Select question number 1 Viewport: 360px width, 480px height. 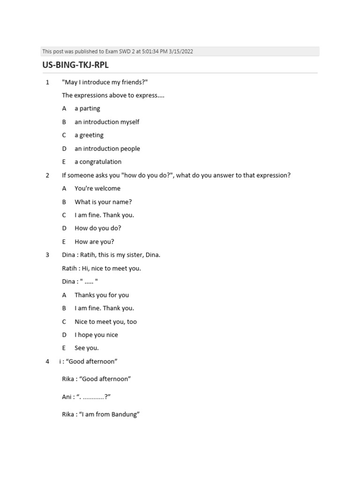47,82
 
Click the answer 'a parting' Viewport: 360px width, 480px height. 87,109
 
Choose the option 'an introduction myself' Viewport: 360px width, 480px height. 107,122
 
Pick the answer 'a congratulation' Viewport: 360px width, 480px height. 98,162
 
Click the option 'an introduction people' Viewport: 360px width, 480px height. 107,149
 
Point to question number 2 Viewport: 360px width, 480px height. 47,175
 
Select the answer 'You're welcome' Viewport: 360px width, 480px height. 97,188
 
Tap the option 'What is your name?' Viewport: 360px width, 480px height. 103,202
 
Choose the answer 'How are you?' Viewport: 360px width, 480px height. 94,242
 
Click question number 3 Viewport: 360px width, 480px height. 47,255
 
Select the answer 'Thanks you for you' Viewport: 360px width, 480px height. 102,295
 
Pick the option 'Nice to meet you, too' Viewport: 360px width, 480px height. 106,322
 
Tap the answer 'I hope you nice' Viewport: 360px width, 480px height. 96,335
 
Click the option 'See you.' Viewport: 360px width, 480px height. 87,348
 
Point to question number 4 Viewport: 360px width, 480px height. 47,361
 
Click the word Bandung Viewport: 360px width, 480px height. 124,415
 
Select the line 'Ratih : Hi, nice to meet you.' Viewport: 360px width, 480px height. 101,269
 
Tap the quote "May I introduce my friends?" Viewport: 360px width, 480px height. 105,82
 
